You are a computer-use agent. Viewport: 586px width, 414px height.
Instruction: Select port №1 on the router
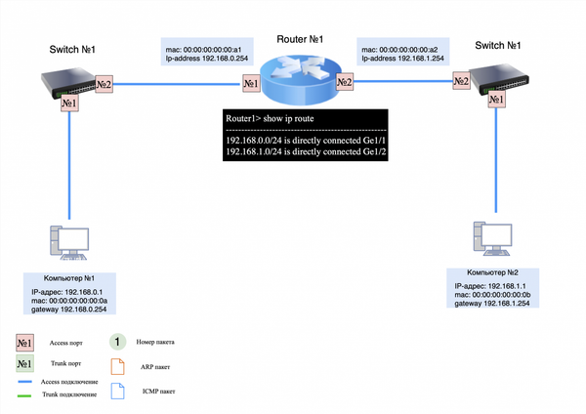pos(250,84)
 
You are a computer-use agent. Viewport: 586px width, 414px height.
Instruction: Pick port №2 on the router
pos(344,84)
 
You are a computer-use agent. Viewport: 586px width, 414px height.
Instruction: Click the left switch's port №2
pos(104,84)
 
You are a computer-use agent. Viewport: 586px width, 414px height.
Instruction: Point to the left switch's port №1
pos(68,103)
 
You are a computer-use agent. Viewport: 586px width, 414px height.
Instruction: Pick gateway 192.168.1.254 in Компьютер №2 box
pos(495,304)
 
